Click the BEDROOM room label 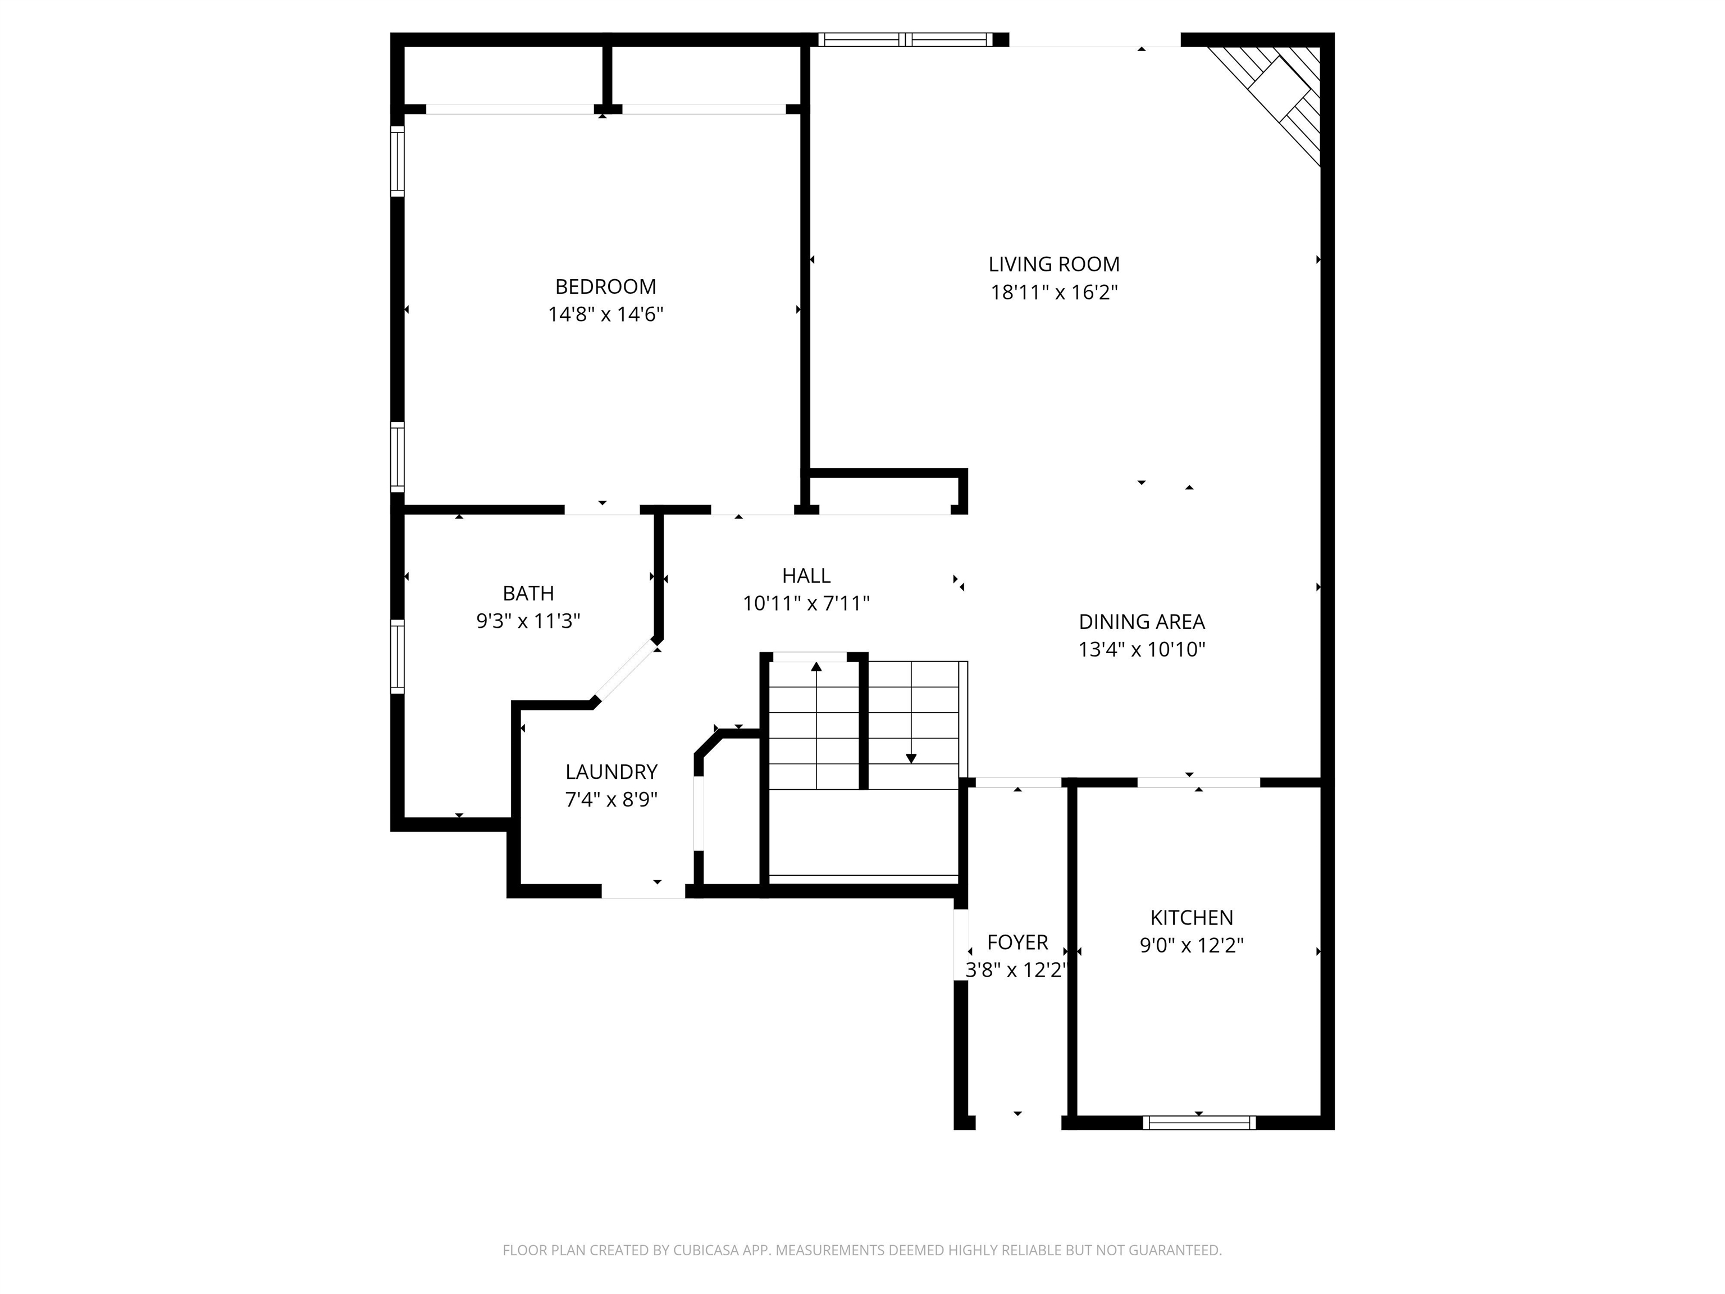coord(605,286)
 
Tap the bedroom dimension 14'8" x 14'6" coord(605,315)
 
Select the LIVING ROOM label coord(1053,265)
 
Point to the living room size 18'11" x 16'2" coord(1053,293)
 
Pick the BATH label coord(528,594)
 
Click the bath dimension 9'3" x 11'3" coord(528,621)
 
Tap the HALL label coord(806,576)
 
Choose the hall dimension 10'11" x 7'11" coord(806,604)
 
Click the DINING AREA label coord(1142,622)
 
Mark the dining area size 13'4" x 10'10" coord(1142,650)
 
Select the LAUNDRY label coord(611,772)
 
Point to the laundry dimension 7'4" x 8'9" coord(611,800)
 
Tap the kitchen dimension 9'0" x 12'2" coord(1192,945)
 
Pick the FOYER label coord(1017,942)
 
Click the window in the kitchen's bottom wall coord(1199,1122)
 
